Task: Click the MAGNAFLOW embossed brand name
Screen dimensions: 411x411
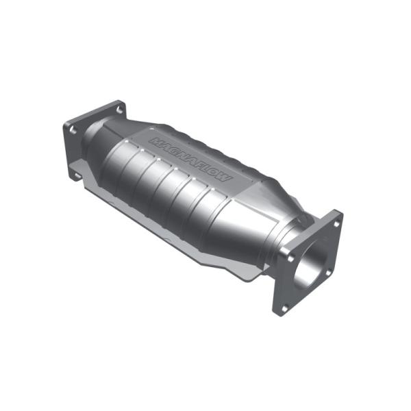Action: tap(191, 160)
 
